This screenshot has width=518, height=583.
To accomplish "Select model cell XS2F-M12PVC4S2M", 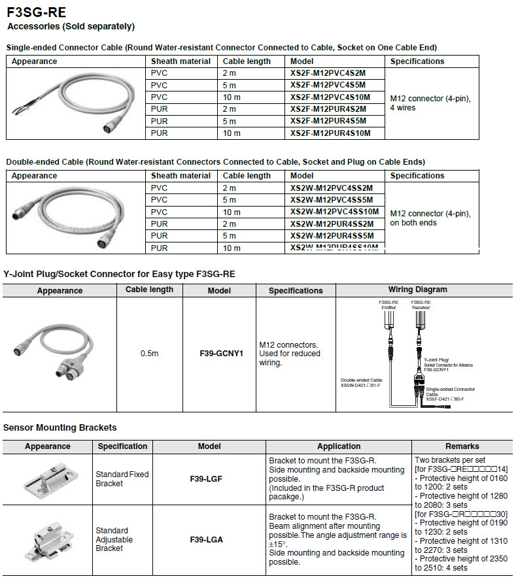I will click(x=328, y=73).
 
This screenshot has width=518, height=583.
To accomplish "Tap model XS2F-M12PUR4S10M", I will click(x=330, y=133).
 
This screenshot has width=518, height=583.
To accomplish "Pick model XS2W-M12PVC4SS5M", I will click(x=332, y=200).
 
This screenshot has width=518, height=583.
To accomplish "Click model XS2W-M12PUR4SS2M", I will click(x=332, y=224).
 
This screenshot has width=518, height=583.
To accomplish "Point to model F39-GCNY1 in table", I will click(x=221, y=354).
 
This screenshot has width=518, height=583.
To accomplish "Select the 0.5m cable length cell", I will click(x=149, y=354).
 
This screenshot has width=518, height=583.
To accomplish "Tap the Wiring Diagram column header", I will click(x=417, y=290).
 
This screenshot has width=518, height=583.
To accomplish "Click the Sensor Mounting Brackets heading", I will click(x=60, y=428).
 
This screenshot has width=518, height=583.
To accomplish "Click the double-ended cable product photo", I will click(x=72, y=217).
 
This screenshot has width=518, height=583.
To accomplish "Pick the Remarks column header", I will click(x=462, y=446).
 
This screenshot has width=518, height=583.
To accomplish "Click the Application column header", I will click(x=339, y=446).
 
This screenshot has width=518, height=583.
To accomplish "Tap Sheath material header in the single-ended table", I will click(x=181, y=61).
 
